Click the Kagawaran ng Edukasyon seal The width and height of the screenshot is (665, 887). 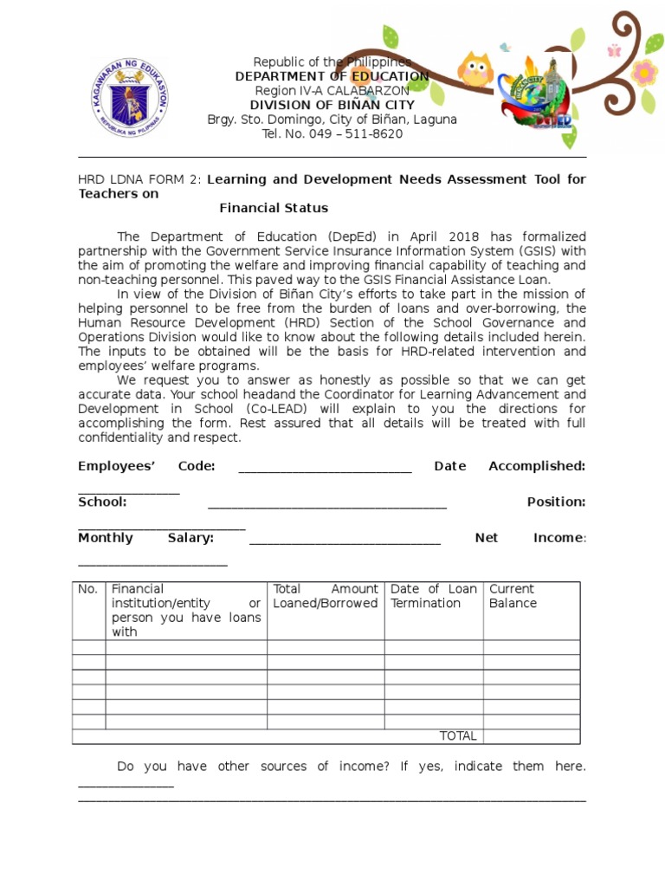(x=130, y=96)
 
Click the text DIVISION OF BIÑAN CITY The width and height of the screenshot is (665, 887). (x=332, y=105)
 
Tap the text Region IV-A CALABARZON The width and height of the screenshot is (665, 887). (x=332, y=91)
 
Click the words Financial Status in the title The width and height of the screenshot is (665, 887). (x=274, y=208)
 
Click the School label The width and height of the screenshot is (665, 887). (x=102, y=502)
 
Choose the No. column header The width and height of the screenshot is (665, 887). (x=88, y=589)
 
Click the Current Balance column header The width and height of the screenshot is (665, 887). (x=512, y=596)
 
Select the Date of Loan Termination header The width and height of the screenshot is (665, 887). (x=433, y=596)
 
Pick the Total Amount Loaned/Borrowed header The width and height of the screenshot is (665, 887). (x=325, y=596)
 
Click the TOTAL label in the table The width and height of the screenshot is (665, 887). (x=458, y=736)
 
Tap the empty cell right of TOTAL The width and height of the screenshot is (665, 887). (x=531, y=736)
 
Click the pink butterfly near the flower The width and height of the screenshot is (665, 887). (x=615, y=50)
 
